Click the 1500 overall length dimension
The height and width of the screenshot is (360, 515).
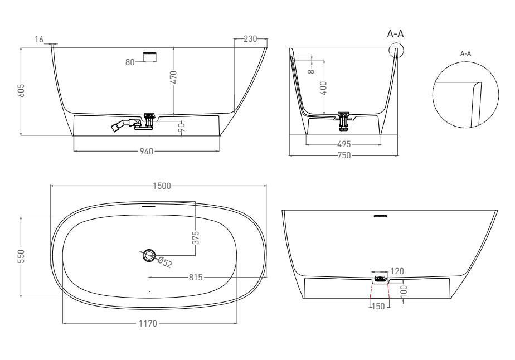[162, 186]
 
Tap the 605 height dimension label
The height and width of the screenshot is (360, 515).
[21, 91]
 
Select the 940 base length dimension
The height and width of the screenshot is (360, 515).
[147, 152]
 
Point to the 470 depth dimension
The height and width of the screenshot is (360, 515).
[174, 77]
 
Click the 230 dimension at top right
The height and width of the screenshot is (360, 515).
[250, 39]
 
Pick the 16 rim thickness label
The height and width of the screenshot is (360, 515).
[39, 40]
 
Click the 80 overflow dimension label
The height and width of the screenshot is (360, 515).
[130, 62]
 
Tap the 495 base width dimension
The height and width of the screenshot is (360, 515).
[344, 144]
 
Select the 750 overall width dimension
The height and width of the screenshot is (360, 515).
[344, 155]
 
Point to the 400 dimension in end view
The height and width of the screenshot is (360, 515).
[323, 88]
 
